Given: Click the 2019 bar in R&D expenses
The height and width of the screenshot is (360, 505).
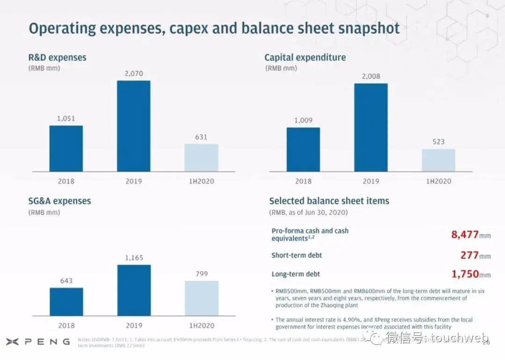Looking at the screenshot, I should click(x=133, y=126).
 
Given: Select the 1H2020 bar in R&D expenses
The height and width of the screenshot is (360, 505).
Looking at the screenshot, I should click(x=201, y=158).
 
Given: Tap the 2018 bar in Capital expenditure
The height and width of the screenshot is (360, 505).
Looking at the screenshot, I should click(x=303, y=149).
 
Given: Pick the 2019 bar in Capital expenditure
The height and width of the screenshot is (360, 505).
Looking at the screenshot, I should click(x=371, y=127).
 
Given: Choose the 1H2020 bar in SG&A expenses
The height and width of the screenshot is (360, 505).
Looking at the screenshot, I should click(x=201, y=298).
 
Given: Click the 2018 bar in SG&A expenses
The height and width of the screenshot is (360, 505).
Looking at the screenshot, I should click(x=66, y=302).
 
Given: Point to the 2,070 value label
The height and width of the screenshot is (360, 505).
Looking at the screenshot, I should click(x=133, y=73).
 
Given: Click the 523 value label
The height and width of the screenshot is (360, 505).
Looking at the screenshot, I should click(x=438, y=142).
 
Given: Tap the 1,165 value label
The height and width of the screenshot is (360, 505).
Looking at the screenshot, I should click(x=134, y=258).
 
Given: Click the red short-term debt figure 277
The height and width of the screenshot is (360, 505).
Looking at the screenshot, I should click(x=469, y=255).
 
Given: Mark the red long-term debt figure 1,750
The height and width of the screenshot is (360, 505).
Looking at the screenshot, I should click(x=465, y=274).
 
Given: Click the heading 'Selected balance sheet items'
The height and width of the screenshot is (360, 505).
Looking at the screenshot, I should click(x=329, y=201).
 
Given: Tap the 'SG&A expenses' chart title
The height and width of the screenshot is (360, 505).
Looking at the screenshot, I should click(x=60, y=201).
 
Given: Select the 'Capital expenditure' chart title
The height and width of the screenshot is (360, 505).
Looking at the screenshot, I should click(x=305, y=58).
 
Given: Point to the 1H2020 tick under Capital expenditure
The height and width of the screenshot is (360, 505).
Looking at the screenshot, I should click(x=438, y=181).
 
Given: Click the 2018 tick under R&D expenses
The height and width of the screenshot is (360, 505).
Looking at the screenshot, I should click(x=66, y=181).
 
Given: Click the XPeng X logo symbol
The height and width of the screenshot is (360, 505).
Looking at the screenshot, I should click(x=12, y=342).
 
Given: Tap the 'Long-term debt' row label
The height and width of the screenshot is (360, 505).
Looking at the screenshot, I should click(x=296, y=274).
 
